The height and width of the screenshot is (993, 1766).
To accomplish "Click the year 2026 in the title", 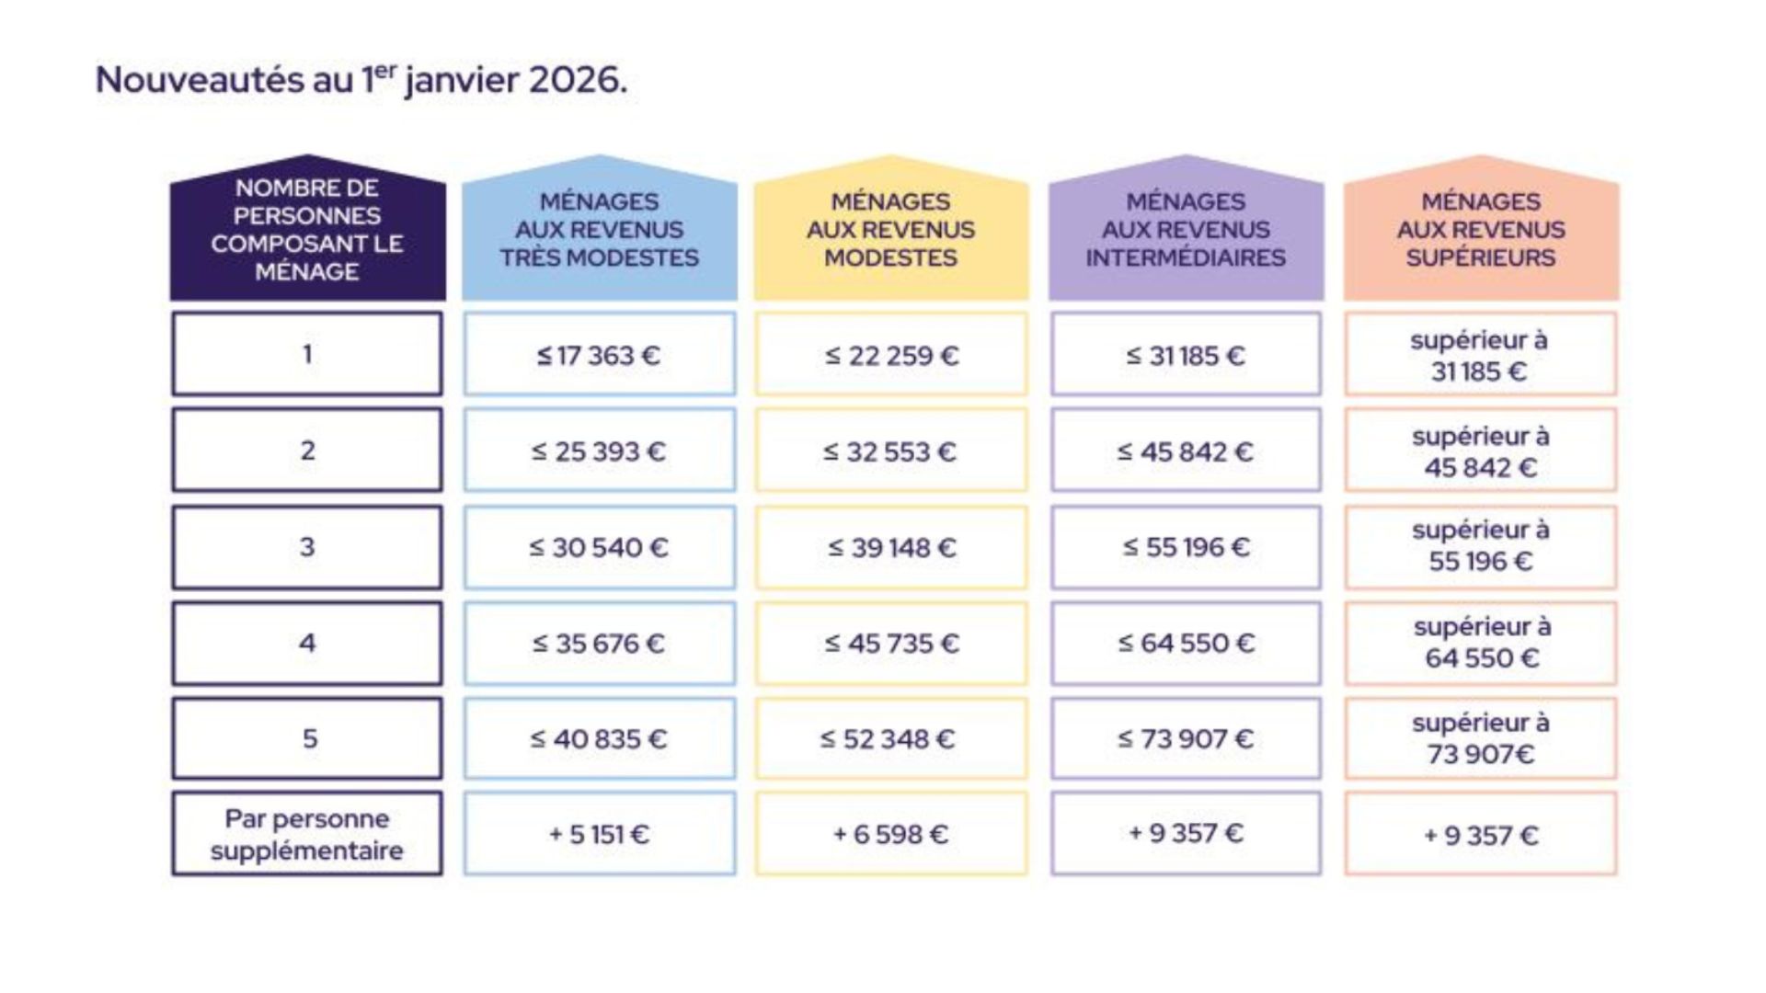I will click(572, 80).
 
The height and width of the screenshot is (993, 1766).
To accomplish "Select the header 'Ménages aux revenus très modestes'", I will click(600, 230).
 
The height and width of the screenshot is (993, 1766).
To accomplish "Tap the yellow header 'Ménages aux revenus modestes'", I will click(890, 230).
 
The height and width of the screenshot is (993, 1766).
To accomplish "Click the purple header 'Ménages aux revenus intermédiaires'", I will click(1186, 230).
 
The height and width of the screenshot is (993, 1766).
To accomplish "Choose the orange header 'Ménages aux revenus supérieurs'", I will click(1481, 230).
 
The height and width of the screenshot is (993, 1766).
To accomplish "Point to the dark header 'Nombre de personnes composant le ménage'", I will click(307, 230).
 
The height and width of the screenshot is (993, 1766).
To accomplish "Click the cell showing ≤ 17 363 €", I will click(600, 355).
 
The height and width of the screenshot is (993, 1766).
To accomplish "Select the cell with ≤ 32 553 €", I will click(890, 451).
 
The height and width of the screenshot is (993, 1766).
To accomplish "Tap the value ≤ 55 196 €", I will click(1186, 547).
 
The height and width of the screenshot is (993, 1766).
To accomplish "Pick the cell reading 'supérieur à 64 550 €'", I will click(1481, 643).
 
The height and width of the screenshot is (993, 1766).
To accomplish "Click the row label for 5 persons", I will click(307, 738).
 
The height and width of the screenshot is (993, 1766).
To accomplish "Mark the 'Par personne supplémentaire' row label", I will click(307, 834).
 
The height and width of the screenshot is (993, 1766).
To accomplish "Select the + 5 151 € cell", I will click(600, 834).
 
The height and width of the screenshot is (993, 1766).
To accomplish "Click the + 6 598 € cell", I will click(890, 834).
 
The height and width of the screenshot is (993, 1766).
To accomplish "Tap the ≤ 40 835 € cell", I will click(600, 738).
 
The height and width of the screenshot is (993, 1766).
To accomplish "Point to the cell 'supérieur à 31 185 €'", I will click(1481, 355).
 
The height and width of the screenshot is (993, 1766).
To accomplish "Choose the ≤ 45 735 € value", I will click(890, 643).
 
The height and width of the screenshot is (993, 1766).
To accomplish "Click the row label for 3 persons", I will click(307, 547).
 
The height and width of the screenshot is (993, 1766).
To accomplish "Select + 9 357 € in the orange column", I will click(1481, 835).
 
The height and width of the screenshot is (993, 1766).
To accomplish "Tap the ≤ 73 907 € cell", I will click(1186, 738).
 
